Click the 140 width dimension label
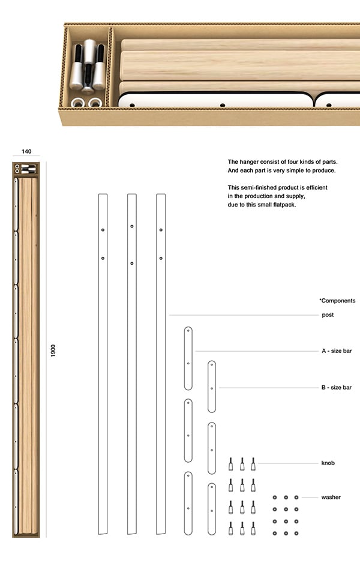tap(26, 152)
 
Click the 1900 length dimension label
tap(53, 351)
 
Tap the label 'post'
tap(328, 315)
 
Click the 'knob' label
tap(328, 463)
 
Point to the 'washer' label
tap(331, 497)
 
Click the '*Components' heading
tap(337, 301)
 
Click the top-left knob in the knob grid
tap(230, 464)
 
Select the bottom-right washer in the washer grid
tap(296, 533)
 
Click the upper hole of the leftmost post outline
tap(103, 230)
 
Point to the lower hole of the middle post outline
tap(131, 263)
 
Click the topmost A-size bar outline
tap(188, 350)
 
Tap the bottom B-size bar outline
tap(212, 508)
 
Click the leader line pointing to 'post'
tap(240, 315)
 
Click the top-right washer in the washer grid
tap(296, 498)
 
